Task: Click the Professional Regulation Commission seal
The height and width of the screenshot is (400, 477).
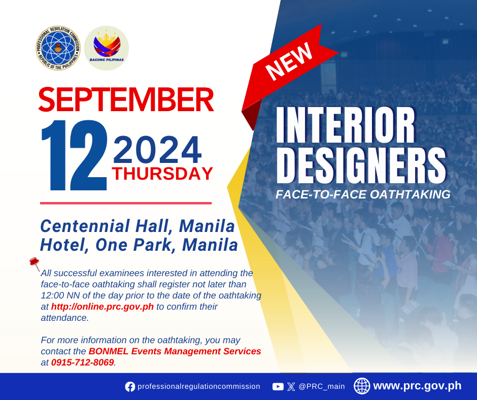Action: (58, 48)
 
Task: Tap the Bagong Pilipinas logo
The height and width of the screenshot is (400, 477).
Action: (107, 48)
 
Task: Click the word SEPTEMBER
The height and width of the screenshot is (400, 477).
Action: (126, 99)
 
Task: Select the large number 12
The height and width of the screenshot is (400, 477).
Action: (74, 155)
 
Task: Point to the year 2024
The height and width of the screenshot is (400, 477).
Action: (157, 149)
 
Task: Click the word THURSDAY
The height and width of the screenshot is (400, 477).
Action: (162, 174)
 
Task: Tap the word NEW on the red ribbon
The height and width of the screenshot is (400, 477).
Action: (289, 61)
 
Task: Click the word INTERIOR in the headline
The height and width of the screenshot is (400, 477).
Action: (345, 125)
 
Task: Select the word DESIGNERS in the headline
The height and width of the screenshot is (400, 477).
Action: (361, 166)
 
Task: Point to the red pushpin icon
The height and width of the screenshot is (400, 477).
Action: (35, 263)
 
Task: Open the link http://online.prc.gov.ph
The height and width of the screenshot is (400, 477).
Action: (102, 306)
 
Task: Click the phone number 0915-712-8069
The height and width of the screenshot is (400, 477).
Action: (82, 362)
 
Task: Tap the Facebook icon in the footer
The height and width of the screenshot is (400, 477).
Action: (130, 387)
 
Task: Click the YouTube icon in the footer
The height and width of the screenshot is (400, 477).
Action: (278, 387)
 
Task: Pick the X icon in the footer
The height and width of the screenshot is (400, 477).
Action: (291, 387)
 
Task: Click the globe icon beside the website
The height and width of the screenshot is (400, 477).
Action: (362, 386)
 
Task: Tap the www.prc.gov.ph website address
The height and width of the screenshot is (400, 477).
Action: (417, 386)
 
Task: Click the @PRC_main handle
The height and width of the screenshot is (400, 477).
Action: (322, 387)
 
